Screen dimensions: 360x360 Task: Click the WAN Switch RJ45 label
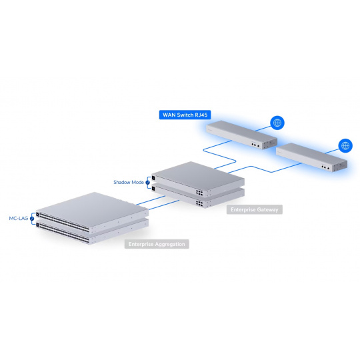pos(185,115)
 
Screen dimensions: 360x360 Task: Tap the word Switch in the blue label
pos(185,115)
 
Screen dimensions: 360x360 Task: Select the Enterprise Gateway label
pos(255,209)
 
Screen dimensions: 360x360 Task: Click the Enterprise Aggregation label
pos(157,244)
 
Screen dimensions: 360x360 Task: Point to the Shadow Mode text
pos(129,182)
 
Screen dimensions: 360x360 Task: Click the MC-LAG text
pos(19,219)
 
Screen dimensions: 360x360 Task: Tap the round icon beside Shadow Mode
pos(147,183)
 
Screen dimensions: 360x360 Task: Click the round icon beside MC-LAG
pos(32,219)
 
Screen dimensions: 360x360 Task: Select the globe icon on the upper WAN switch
pos(277,123)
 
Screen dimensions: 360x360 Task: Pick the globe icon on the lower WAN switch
pos(345,145)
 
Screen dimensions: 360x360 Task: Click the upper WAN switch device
pos(241,135)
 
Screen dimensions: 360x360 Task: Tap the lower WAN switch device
pos(311,157)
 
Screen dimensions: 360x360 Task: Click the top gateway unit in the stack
pos(198,179)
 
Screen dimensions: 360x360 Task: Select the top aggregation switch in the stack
pos(92,212)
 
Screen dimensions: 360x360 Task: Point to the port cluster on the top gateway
pos(199,193)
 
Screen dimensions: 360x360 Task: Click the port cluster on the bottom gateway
pos(199,203)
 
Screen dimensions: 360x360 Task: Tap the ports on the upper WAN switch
pos(255,145)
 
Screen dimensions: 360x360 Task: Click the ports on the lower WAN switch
pos(325,167)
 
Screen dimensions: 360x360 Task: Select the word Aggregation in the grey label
pos(170,244)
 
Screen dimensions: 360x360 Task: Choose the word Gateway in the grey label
pos(267,209)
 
